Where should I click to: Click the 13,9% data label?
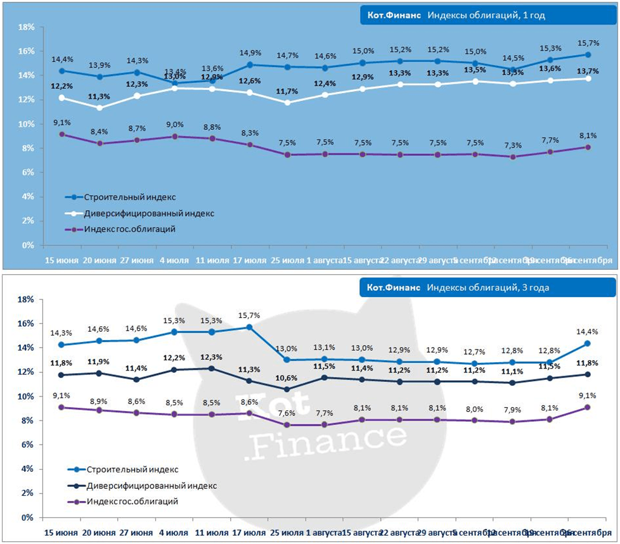click(99, 66)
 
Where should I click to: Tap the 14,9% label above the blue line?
click(249, 53)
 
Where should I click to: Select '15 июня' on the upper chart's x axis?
click(61, 260)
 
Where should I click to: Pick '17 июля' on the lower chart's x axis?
click(249, 533)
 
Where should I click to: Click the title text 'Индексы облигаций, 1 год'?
click(486, 15)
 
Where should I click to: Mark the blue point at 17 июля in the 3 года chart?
click(249, 327)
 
